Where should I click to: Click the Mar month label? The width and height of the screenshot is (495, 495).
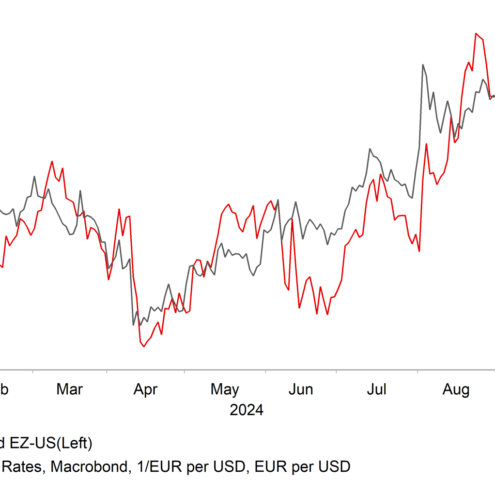[x=70, y=389]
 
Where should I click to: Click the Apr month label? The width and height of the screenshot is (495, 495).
[x=145, y=389]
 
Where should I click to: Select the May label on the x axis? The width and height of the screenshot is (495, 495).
[x=225, y=389]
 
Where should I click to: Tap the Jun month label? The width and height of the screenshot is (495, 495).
[x=301, y=389]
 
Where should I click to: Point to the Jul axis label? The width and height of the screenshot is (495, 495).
[x=376, y=389]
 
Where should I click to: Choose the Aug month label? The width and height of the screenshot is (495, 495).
[x=455, y=389]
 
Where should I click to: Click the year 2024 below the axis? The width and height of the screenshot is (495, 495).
[x=247, y=410]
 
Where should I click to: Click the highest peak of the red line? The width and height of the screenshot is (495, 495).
[x=477, y=33]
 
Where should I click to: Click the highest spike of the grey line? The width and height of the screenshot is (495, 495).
[x=423, y=64]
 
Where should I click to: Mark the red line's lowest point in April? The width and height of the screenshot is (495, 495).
[x=143, y=347]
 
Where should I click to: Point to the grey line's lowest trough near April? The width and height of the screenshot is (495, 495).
[x=133, y=325]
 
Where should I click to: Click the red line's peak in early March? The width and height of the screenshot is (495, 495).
[x=52, y=161]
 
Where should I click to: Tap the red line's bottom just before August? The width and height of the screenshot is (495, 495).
[x=419, y=251]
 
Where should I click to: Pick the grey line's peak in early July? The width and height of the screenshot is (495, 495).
[x=370, y=149]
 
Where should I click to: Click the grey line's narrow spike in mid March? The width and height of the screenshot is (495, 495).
[x=80, y=190]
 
